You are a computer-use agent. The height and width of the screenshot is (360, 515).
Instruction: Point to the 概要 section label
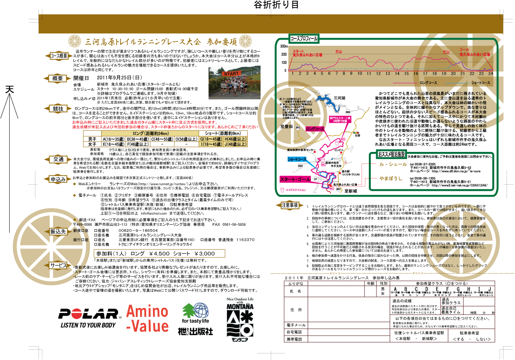pyautogui.click(x=58, y=78)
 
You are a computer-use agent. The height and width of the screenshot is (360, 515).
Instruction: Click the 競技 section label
pyautogui.click(x=58, y=109)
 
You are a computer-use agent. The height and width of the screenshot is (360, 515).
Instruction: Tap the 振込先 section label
pyautogui.click(x=58, y=232)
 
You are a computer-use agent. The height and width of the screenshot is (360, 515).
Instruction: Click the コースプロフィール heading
pyautogui.click(x=303, y=38)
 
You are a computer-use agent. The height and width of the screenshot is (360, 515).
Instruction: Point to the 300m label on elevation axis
pyautogui.click(x=283, y=46)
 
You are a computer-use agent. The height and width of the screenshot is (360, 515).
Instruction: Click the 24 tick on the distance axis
pyautogui.click(x=491, y=73)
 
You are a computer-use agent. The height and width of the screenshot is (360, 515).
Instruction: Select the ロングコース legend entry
pyautogui.click(x=428, y=83)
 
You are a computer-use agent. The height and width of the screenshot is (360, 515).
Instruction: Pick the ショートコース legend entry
pyautogui.click(x=480, y=83)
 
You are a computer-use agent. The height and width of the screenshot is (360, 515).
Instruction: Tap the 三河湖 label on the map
pyautogui.click(x=339, y=98)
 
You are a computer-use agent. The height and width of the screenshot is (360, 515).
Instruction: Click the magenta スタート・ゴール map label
pyautogui.click(x=295, y=180)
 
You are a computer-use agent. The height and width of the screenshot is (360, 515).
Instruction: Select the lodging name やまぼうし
pyautogui.click(x=390, y=178)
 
